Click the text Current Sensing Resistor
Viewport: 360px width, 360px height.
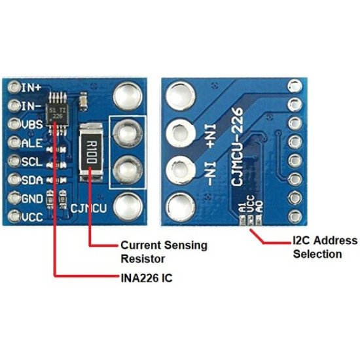point(164,251)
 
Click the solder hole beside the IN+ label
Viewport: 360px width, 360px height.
point(14,86)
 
